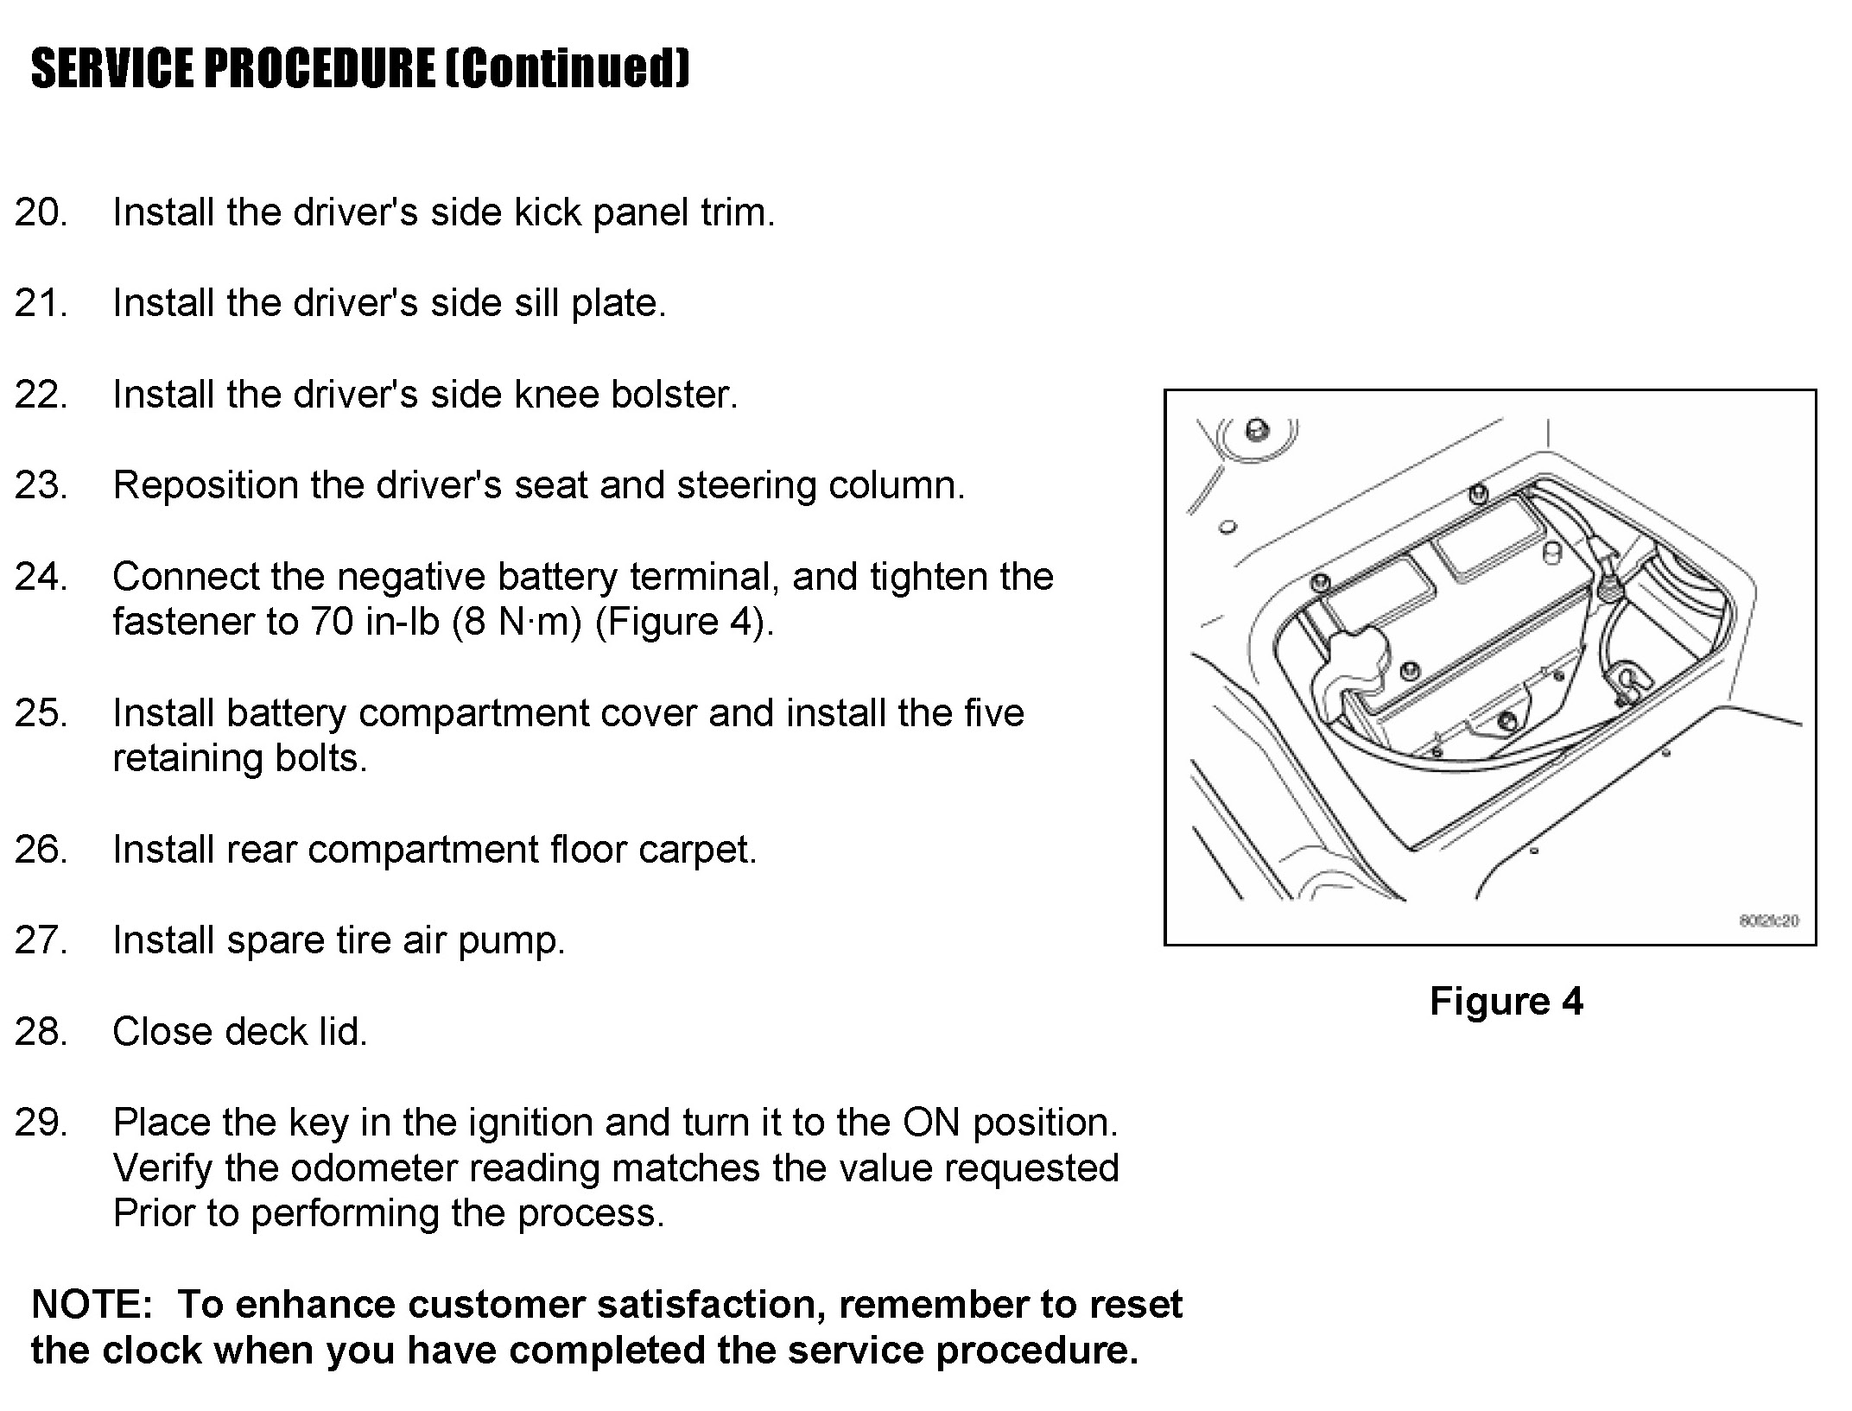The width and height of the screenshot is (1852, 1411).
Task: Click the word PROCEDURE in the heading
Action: pyautogui.click(x=319, y=68)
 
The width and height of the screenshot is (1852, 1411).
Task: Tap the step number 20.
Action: pyautogui.click(x=41, y=212)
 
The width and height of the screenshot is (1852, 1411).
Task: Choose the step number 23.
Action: pyautogui.click(x=41, y=485)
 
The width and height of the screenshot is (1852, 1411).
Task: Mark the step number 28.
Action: pyautogui.click(x=41, y=1032)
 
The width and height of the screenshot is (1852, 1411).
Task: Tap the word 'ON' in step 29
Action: pyautogui.click(x=931, y=1123)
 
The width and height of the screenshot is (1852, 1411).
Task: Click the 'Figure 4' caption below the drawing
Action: pyautogui.click(x=1506, y=1002)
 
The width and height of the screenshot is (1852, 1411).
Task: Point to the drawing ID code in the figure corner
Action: pyautogui.click(x=1768, y=921)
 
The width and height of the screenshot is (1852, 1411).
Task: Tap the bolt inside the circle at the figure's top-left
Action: pyautogui.click(x=1257, y=429)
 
